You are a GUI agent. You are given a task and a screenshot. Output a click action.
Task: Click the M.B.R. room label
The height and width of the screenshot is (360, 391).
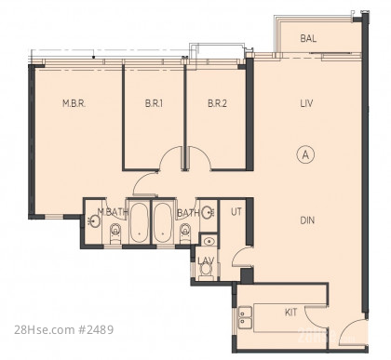tap(74, 103)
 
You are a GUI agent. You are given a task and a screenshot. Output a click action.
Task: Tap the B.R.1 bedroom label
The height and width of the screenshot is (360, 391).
tap(154, 103)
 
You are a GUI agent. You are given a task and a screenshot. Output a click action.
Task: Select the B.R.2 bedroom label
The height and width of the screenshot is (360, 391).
tap(217, 103)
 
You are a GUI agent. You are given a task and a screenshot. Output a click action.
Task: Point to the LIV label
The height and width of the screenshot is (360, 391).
tap(306, 103)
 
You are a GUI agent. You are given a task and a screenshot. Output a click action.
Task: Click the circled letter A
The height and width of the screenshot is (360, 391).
tap(306, 154)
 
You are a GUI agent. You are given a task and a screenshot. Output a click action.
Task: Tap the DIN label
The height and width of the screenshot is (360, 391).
tap(307, 220)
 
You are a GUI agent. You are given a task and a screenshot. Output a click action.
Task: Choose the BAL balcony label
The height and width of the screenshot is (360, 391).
tap(308, 38)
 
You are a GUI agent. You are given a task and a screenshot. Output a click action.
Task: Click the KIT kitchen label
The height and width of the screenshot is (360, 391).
tap(290, 313)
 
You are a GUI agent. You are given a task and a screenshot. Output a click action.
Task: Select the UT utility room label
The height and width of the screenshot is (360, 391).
tap(236, 212)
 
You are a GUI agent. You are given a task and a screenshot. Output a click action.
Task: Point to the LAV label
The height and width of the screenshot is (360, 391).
tap(206, 261)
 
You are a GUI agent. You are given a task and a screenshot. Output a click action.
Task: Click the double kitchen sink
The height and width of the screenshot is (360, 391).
tap(245, 318)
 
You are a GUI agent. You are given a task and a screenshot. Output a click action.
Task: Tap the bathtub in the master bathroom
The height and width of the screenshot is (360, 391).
tap(139, 222)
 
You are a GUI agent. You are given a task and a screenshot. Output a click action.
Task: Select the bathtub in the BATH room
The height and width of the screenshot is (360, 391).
tap(163, 222)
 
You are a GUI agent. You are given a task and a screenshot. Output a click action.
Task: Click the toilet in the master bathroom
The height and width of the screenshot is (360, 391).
tap(115, 233)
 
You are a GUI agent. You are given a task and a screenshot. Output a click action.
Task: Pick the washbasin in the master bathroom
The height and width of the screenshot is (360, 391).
tap(94, 221)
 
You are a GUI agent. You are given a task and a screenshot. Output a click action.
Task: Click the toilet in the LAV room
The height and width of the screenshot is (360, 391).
tap(205, 272)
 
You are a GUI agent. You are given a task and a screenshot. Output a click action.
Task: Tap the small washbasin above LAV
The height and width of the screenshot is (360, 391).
tap(209, 241)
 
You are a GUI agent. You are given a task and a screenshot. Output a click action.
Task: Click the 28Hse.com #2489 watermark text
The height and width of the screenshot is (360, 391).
tap(63, 329)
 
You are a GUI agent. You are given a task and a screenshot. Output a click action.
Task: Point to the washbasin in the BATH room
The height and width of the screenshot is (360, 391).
tap(207, 212)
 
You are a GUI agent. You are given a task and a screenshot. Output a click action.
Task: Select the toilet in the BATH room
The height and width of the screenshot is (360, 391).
tap(185, 233)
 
